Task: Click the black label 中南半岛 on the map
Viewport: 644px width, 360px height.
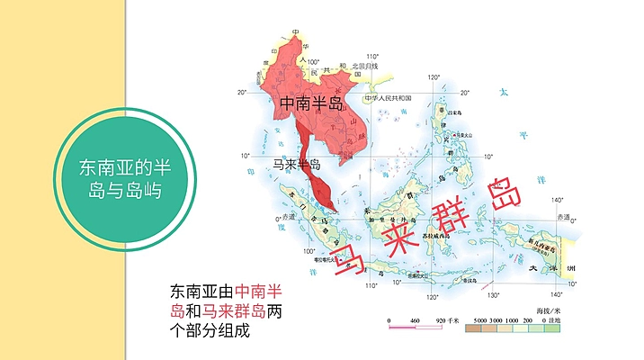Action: point(311,104)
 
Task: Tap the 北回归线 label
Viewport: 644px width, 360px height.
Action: point(364,66)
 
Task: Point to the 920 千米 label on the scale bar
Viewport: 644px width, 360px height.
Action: point(446,321)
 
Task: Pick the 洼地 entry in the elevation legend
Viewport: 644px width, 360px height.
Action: point(564,321)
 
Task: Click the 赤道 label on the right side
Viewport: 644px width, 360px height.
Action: point(564,217)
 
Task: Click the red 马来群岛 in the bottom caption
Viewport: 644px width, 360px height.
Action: point(233,311)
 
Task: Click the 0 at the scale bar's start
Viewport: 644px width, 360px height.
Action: point(389,321)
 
